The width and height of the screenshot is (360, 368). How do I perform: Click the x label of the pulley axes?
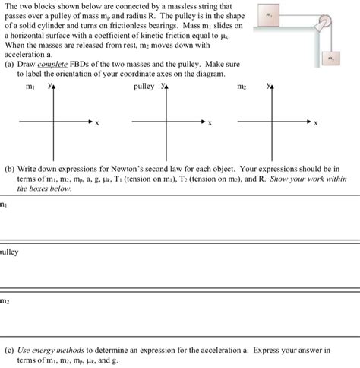(210, 122)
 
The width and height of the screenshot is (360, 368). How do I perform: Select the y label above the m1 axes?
(49, 86)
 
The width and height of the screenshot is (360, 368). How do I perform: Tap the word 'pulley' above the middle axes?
(144, 87)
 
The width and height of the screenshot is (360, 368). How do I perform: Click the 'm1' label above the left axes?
(30, 88)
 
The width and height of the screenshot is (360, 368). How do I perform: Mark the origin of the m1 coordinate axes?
(53, 121)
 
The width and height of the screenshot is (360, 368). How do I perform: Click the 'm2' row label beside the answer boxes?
(5, 301)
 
